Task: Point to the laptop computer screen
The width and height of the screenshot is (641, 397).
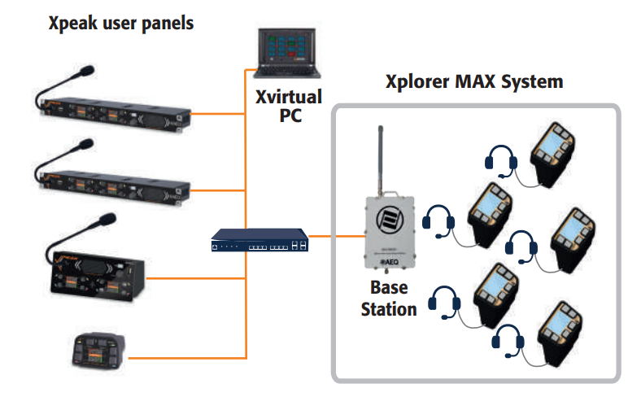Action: (284, 46)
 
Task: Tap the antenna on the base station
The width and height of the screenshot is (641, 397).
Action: (379, 159)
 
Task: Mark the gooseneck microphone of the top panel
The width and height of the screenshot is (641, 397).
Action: (64, 81)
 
